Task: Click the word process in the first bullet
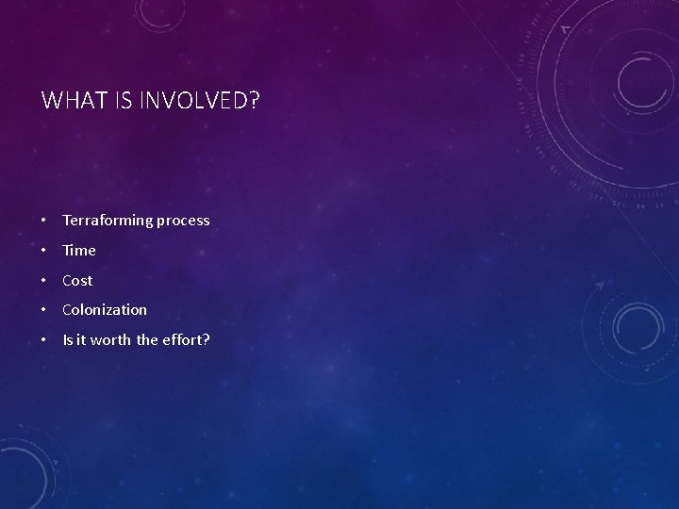click(183, 221)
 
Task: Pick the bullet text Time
click(79, 251)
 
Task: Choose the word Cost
click(77, 281)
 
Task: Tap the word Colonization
click(105, 310)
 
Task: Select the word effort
click(182, 339)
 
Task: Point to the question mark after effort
click(206, 339)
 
